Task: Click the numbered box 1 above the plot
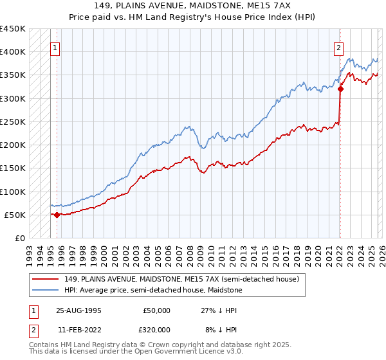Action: pyautogui.click(x=55, y=47)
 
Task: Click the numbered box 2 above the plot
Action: pyautogui.click(x=338, y=47)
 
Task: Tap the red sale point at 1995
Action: pyautogui.click(x=57, y=215)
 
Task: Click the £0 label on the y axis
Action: pyautogui.click(x=19, y=238)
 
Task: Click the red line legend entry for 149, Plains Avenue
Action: pyautogui.click(x=181, y=280)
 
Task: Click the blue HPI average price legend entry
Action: pyautogui.click(x=153, y=291)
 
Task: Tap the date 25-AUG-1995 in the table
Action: pyautogui.click(x=80, y=310)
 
